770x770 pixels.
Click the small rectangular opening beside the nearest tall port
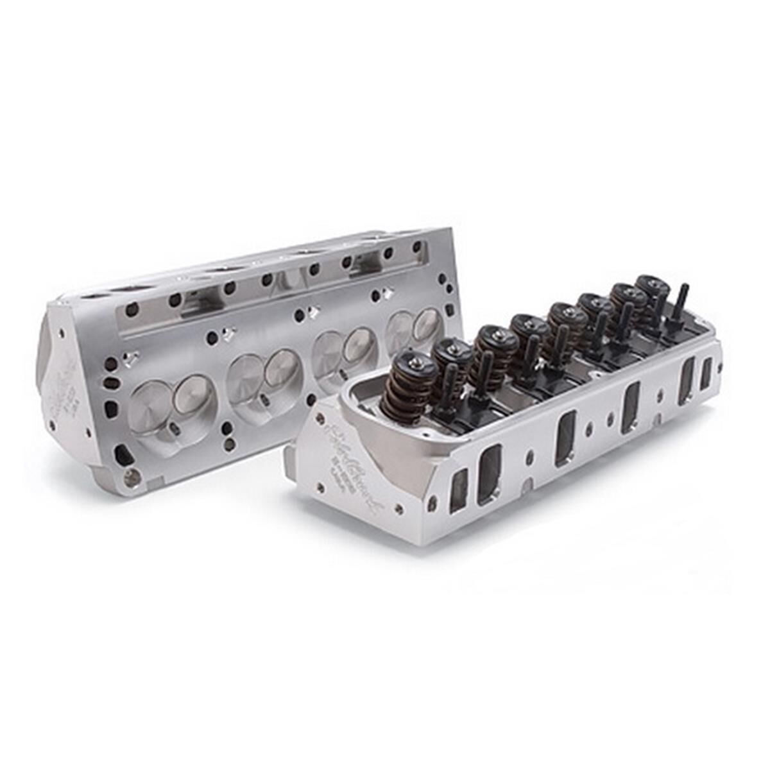[458, 490]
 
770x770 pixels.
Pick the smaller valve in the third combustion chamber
[361, 346]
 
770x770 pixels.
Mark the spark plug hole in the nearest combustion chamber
[173, 431]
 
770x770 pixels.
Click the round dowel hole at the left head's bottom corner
[132, 476]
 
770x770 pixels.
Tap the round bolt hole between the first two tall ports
[530, 456]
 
